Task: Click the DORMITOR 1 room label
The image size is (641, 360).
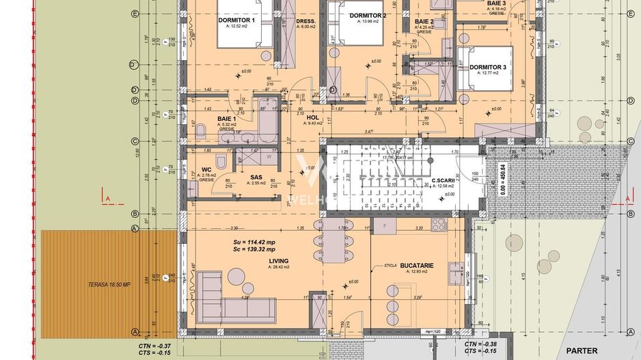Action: point(236,20)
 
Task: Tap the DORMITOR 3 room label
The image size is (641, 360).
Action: point(487,67)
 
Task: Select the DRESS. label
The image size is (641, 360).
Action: point(305,21)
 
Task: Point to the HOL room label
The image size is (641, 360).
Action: point(314,117)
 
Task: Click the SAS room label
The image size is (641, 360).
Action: point(257,176)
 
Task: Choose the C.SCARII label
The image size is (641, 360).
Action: point(444,181)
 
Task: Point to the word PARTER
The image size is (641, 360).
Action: point(581,350)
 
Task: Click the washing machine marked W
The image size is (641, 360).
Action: point(269,156)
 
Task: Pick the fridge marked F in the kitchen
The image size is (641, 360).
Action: point(385,225)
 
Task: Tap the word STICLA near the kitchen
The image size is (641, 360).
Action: point(390,265)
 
